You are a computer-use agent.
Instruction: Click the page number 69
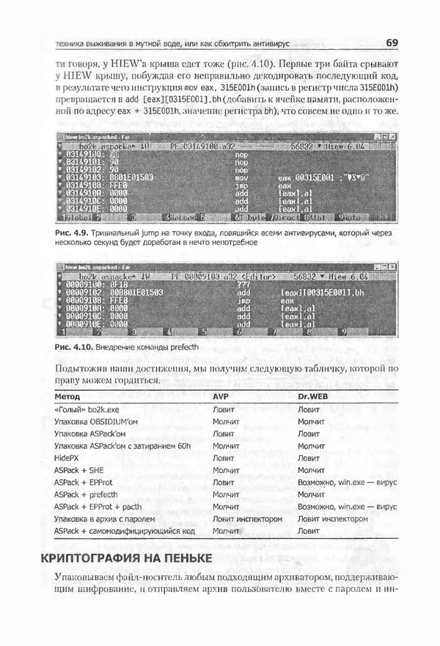[x=392, y=42]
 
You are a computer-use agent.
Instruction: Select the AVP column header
[x=221, y=395]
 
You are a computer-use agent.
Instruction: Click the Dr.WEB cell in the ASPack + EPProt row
[x=348, y=482]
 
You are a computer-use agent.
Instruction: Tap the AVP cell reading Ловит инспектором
[x=246, y=518]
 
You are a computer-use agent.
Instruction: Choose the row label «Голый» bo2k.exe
[x=89, y=409]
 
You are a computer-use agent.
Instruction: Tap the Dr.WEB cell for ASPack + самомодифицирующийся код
[x=309, y=531]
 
